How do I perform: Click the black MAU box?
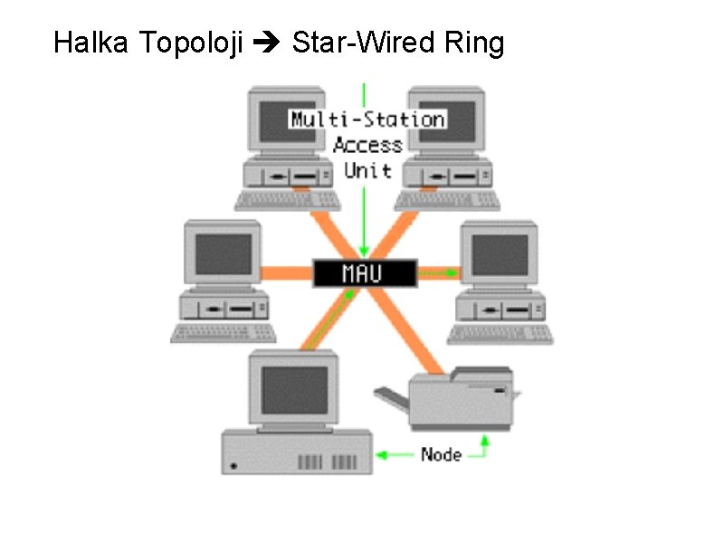click(x=364, y=272)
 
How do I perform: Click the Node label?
click(x=441, y=454)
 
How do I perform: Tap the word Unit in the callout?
click(x=367, y=169)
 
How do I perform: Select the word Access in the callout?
click(x=367, y=145)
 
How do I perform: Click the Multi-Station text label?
click(x=367, y=119)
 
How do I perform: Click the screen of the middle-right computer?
click(x=500, y=253)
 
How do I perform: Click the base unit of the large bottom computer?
click(x=297, y=453)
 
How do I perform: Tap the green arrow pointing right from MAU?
click(x=439, y=271)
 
